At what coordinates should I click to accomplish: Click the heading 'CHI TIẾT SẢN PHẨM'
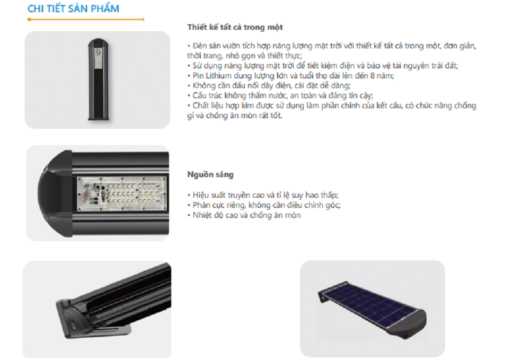73,8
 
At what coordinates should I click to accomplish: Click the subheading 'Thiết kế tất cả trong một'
235,27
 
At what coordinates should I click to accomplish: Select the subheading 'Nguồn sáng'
210,174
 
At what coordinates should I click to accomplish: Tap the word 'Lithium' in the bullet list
219,76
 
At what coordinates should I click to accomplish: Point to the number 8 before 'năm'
372,76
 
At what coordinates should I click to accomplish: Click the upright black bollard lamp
99,79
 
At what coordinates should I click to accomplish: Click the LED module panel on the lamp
122,194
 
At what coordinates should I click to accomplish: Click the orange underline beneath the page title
86,19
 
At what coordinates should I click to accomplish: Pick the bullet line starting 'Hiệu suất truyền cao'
263,195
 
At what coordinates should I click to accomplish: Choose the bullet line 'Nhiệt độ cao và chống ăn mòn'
244,215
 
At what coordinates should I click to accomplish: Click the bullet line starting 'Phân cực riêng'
263,205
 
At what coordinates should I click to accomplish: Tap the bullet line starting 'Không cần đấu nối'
269,85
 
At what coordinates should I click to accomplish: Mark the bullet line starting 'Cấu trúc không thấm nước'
280,95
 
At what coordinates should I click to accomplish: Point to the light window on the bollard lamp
99,58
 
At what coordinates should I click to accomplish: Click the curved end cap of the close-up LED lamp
55,194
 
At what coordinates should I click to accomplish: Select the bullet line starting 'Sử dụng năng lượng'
322,66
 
